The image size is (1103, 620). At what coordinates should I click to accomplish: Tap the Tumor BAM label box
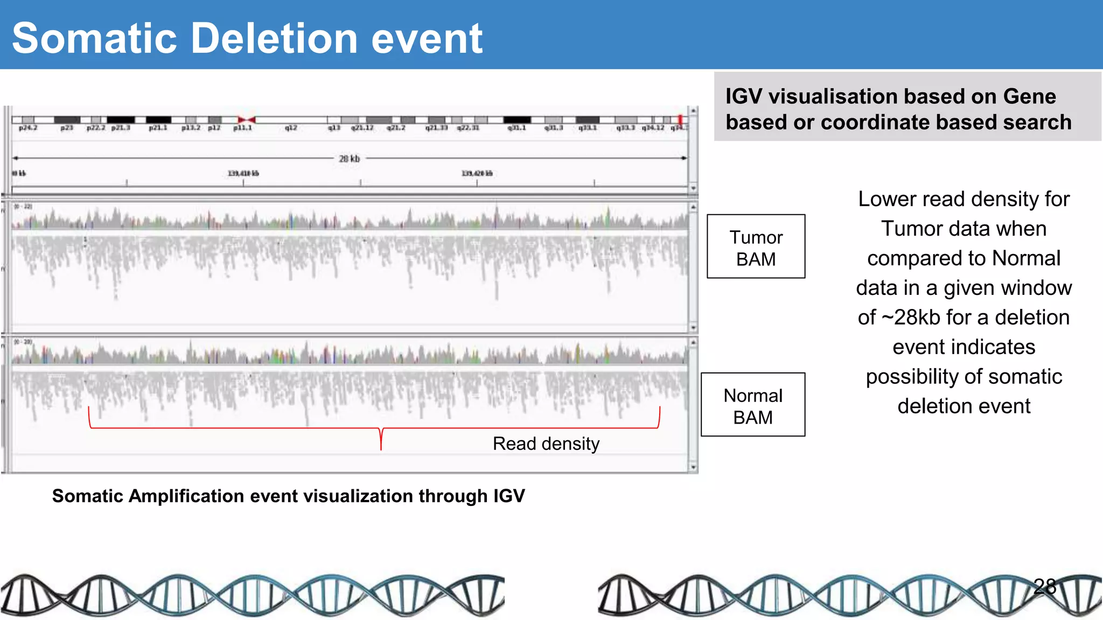click(756, 246)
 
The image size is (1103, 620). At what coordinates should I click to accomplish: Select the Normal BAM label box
click(752, 405)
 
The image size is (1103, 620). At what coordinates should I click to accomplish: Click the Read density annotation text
click(546, 443)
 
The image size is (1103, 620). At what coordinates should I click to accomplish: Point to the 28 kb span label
click(349, 159)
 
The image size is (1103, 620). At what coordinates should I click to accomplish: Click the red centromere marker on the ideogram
click(247, 119)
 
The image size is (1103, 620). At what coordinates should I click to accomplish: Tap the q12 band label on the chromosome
click(291, 128)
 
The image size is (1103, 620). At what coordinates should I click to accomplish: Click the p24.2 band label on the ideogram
click(27, 128)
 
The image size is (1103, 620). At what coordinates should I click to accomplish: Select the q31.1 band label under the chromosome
click(516, 128)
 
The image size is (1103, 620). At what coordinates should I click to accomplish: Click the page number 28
click(1044, 586)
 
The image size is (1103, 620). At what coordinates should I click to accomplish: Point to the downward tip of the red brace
click(381, 448)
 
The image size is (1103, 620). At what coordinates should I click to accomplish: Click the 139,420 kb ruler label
click(477, 173)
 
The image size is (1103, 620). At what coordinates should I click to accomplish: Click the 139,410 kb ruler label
click(243, 173)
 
